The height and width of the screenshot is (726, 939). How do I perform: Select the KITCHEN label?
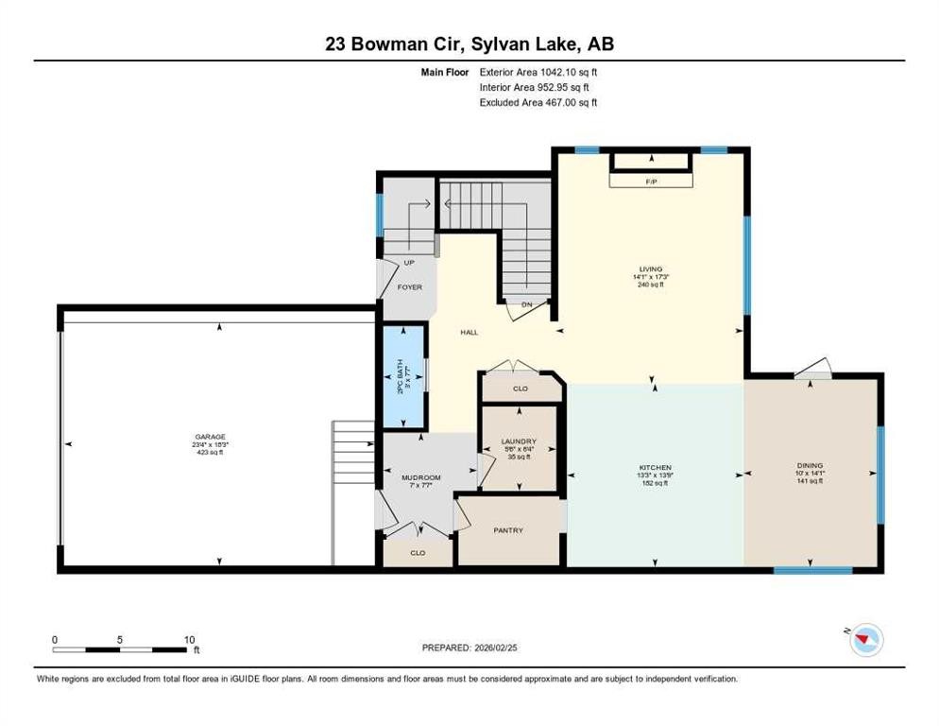tap(655, 468)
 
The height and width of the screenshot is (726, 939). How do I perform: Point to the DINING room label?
tap(810, 465)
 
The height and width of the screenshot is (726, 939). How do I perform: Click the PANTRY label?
tap(507, 530)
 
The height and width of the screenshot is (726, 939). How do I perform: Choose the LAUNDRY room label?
tap(519, 441)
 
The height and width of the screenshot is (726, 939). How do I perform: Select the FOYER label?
tap(409, 286)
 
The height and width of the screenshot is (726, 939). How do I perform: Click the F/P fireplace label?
tap(650, 180)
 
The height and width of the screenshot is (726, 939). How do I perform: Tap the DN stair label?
tap(527, 304)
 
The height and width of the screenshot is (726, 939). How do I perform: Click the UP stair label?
tap(409, 263)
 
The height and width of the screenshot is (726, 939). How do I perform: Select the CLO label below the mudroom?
tap(417, 553)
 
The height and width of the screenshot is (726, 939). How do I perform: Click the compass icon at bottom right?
tap(864, 641)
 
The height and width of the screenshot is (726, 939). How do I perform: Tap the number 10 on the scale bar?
tap(189, 639)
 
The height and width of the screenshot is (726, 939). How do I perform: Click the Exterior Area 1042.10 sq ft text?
tap(538, 71)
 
